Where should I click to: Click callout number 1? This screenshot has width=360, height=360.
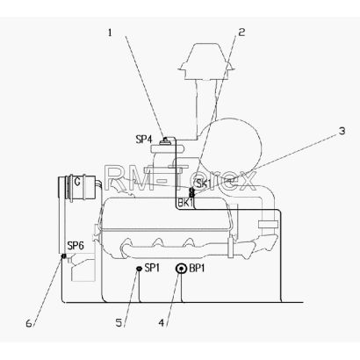(x=110, y=32)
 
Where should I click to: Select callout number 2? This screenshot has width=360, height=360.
(x=241, y=32)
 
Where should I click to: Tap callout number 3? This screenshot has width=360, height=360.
(x=342, y=131)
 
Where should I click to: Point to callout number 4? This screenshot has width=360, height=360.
(x=162, y=323)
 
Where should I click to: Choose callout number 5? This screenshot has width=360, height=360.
(x=119, y=323)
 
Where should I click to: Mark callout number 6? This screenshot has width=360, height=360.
(x=29, y=323)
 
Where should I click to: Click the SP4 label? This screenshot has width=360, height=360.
(x=145, y=140)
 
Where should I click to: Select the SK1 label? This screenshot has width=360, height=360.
(x=204, y=184)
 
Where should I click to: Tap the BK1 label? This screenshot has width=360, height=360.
(x=185, y=203)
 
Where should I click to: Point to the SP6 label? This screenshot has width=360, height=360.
(x=76, y=246)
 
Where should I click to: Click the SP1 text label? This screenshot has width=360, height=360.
(x=152, y=268)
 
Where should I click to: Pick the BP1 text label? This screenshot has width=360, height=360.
(x=197, y=269)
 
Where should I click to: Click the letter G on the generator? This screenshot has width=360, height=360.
(x=77, y=182)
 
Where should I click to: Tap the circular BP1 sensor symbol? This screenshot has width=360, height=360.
(x=181, y=269)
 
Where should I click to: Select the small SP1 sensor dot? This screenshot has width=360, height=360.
(x=139, y=269)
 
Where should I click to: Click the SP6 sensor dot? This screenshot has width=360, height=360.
(x=63, y=256)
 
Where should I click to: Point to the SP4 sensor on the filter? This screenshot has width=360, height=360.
(x=166, y=141)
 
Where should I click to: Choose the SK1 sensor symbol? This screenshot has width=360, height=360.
(x=192, y=191)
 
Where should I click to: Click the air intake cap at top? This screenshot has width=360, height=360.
(x=206, y=62)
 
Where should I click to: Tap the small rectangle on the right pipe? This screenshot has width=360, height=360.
(x=268, y=225)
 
